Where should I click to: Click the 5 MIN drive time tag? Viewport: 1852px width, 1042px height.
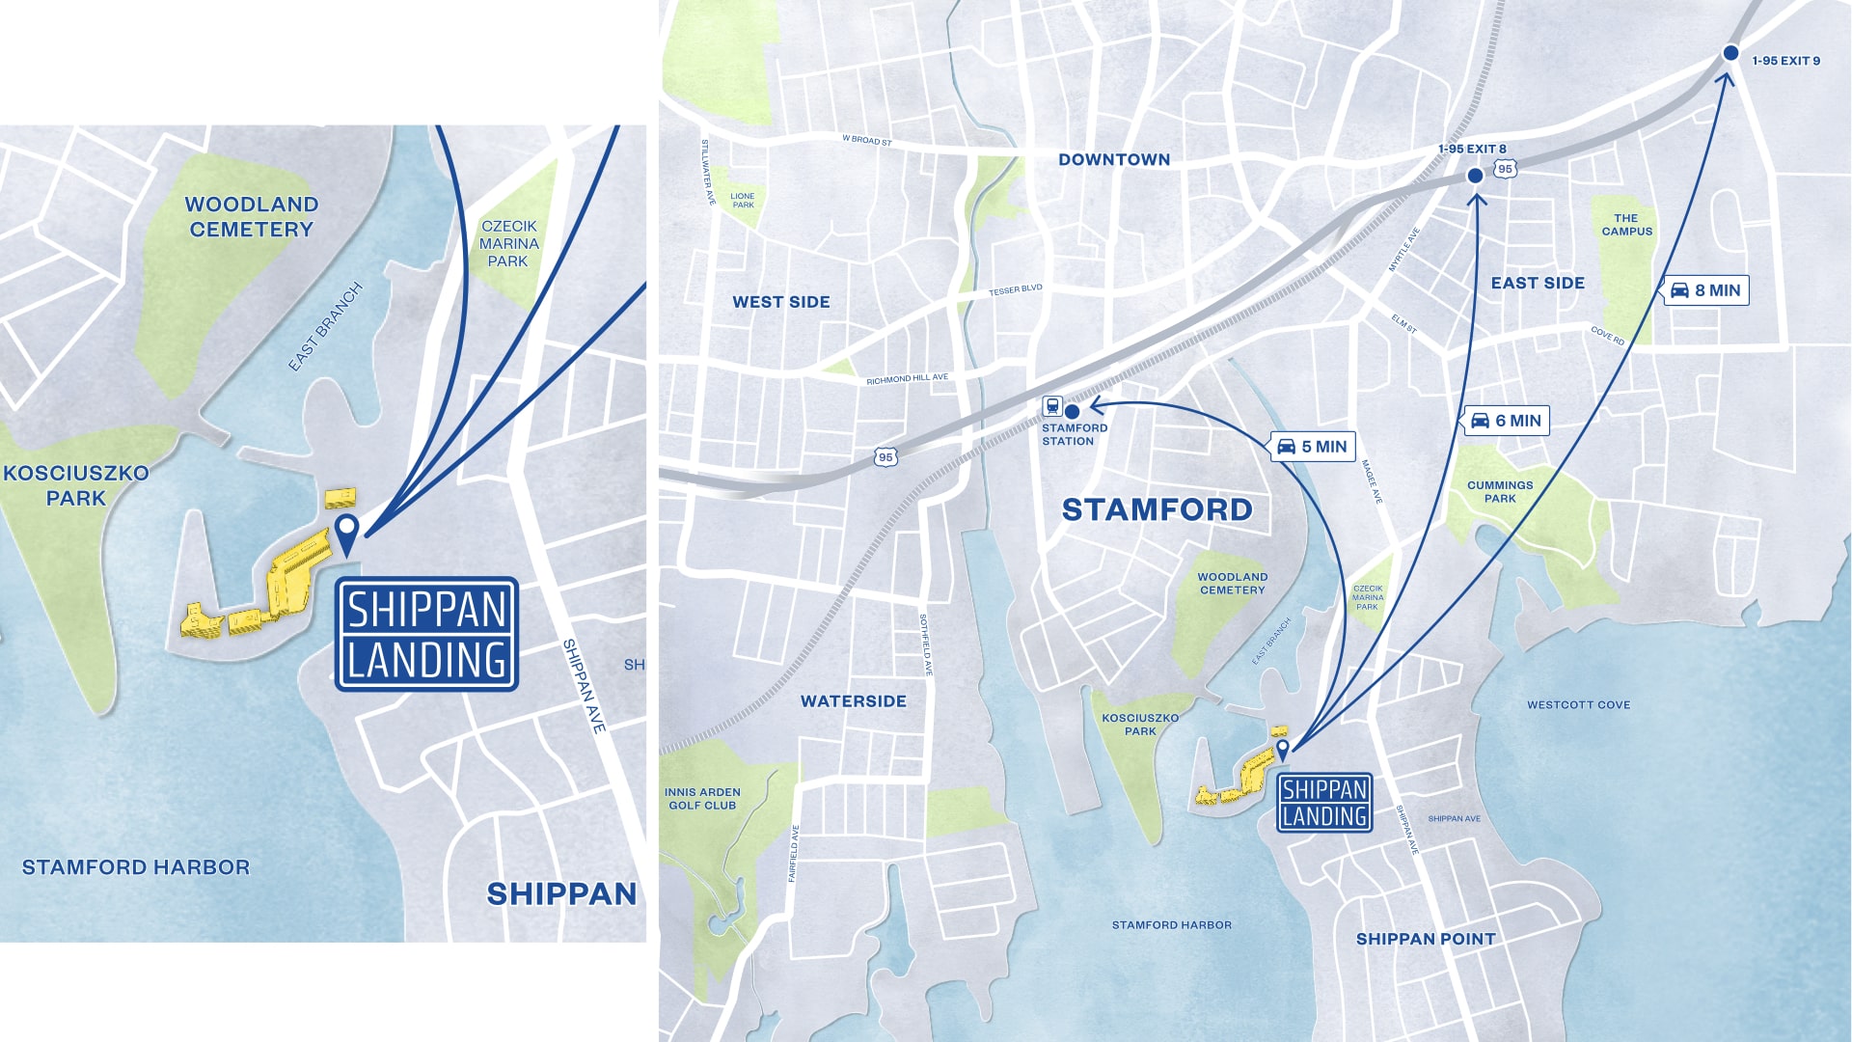pyautogui.click(x=1313, y=447)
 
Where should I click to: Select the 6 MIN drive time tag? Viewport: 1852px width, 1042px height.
pyautogui.click(x=1507, y=421)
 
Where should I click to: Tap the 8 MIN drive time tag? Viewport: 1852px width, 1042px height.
pyautogui.click(x=1705, y=290)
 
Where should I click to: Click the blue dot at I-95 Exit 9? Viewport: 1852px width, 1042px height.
pyautogui.click(x=1730, y=53)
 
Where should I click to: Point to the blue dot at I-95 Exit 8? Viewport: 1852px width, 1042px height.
pyautogui.click(x=1475, y=176)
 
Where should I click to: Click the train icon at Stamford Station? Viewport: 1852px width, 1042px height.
pyautogui.click(x=1052, y=406)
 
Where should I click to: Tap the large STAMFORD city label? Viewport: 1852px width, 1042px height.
pyautogui.click(x=1157, y=509)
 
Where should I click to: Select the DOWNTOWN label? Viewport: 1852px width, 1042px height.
pyautogui.click(x=1114, y=160)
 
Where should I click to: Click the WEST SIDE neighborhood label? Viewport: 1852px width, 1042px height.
pyautogui.click(x=780, y=302)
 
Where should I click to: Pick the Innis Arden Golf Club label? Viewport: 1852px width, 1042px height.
pyautogui.click(x=702, y=799)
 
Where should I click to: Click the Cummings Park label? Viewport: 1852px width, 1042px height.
pyautogui.click(x=1499, y=492)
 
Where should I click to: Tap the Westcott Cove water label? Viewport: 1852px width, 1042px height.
pyautogui.click(x=1578, y=705)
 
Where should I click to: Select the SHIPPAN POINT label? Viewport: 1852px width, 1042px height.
pyautogui.click(x=1425, y=939)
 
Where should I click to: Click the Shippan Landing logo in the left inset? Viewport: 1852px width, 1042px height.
pyautogui.click(x=426, y=634)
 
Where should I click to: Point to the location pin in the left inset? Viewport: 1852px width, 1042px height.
pyautogui.click(x=346, y=532)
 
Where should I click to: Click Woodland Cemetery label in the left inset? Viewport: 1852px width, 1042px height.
pyautogui.click(x=251, y=217)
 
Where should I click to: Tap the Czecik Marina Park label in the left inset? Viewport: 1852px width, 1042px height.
pyautogui.click(x=508, y=243)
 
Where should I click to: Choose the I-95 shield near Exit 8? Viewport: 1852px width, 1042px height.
pyautogui.click(x=1505, y=169)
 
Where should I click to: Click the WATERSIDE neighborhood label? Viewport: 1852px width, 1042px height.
pyautogui.click(x=853, y=701)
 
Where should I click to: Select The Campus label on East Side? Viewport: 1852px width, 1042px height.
pyautogui.click(x=1626, y=225)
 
